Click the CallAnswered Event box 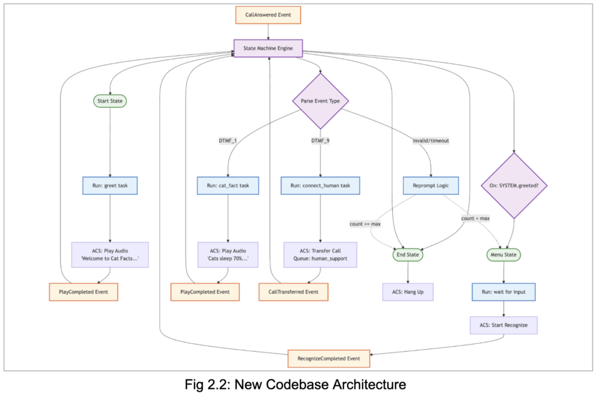click(x=268, y=15)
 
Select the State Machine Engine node click(x=268, y=48)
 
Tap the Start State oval click(x=110, y=101)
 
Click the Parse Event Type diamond click(x=320, y=101)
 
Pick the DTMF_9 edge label click(x=320, y=140)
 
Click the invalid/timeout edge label click(x=431, y=140)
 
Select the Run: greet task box click(x=110, y=186)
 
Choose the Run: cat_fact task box click(x=227, y=186)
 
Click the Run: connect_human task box click(x=320, y=186)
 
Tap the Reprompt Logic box click(x=431, y=186)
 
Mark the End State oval click(x=407, y=254)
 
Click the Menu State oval click(x=504, y=254)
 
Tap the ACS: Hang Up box click(x=407, y=292)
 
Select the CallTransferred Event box click(x=294, y=292)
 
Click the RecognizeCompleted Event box click(x=329, y=358)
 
